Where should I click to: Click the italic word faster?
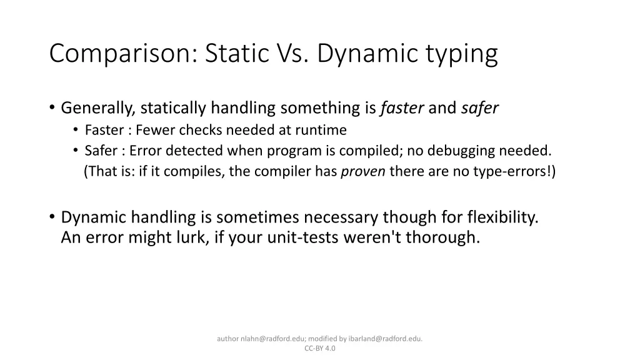tap(402, 108)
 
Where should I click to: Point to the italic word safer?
tap(480, 108)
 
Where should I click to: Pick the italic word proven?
tap(362, 172)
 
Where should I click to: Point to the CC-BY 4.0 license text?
tap(320, 348)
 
